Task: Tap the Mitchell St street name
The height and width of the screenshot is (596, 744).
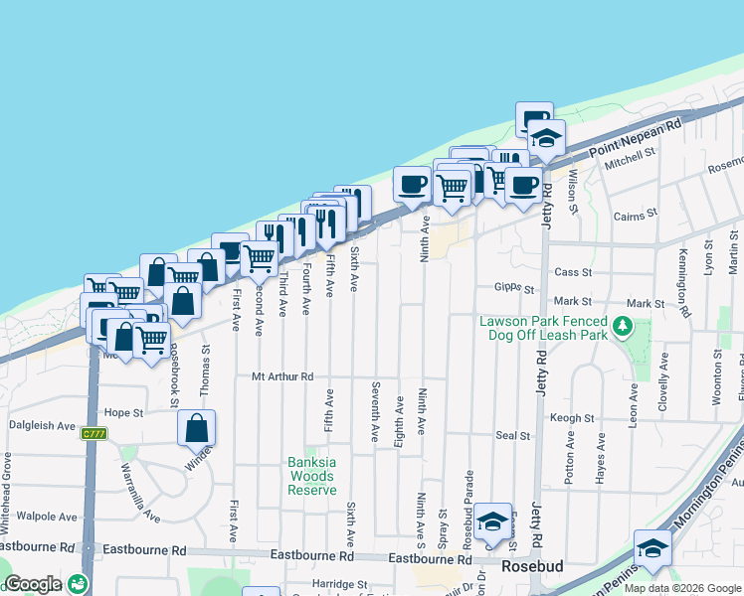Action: click(632, 158)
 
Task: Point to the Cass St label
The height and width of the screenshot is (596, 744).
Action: click(573, 271)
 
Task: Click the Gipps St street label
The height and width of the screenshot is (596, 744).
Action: click(514, 289)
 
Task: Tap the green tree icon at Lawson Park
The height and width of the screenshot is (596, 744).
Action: click(623, 325)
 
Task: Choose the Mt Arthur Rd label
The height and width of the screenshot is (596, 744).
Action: click(282, 376)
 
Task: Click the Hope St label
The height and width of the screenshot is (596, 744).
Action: click(124, 412)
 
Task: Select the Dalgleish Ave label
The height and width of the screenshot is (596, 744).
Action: click(42, 425)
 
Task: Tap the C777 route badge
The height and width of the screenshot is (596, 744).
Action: click(93, 433)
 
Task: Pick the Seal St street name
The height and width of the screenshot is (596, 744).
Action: click(513, 435)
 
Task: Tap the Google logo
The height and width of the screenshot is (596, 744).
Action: click(33, 584)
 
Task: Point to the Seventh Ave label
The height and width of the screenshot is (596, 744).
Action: click(376, 411)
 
